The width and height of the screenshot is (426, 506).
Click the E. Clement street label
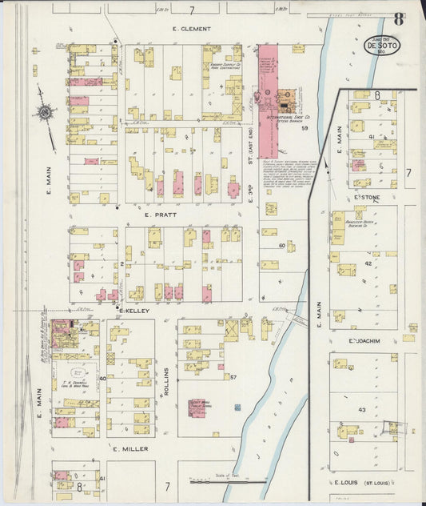[192, 29]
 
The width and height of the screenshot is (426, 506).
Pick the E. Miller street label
[130, 449]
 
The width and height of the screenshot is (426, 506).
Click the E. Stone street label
[365, 196]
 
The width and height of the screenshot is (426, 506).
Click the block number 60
[282, 244]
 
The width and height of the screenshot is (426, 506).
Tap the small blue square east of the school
[237, 408]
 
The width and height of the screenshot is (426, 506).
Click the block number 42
[368, 263]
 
